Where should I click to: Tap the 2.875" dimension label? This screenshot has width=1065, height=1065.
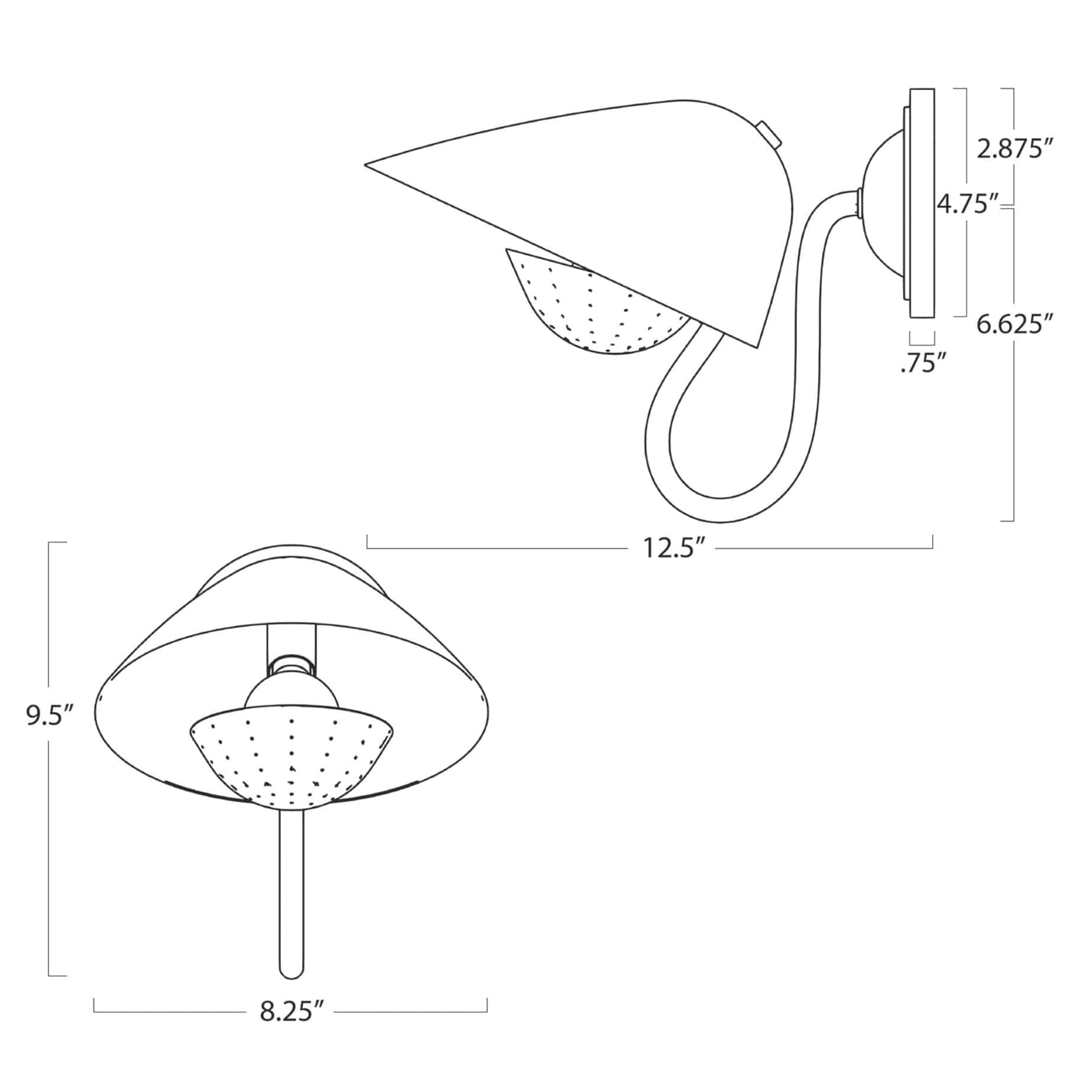1016,149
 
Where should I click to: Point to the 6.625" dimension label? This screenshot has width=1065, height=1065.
1015,324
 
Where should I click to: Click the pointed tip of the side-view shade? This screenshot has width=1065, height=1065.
367,165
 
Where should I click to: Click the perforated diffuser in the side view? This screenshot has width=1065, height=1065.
598,314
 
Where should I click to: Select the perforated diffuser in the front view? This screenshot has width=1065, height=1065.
290,760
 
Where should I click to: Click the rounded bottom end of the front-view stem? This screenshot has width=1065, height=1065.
291,988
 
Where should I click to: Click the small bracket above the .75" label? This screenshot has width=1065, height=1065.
922,340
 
